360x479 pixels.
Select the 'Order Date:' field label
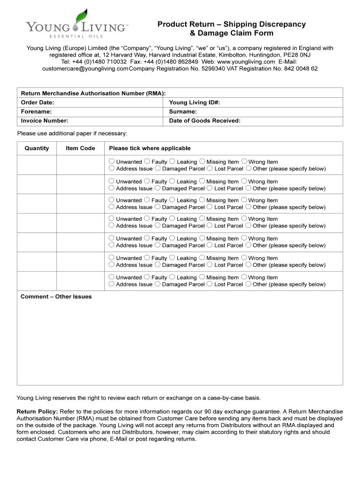tap(37, 102)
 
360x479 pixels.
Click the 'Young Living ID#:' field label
tap(194, 102)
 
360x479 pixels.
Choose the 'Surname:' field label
tap(183, 112)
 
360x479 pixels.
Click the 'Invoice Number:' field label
tap(44, 121)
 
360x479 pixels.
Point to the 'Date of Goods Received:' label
tap(204, 121)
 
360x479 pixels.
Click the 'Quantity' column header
tap(36, 148)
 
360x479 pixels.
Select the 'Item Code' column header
tap(80, 148)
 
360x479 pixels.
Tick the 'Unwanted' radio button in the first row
tap(112, 161)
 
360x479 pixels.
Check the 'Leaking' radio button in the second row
tap(172, 181)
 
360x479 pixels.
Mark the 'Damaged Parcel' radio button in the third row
tap(158, 207)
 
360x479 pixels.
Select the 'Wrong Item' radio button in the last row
tap(244, 277)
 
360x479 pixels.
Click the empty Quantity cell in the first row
tap(36, 165)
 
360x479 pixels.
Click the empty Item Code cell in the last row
tap(80, 281)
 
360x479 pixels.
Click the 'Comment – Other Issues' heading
tap(56, 297)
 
